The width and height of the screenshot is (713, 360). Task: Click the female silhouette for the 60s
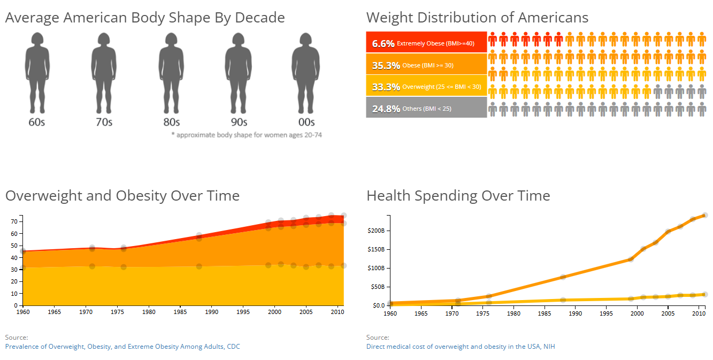coord(37,72)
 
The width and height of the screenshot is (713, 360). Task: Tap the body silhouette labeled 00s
coord(306,72)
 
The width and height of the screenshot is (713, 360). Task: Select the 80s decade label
coord(171,122)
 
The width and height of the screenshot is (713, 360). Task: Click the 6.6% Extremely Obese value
coord(383,43)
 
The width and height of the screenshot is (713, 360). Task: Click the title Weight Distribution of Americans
coord(477,18)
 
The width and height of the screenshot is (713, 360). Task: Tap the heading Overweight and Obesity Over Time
coord(122,196)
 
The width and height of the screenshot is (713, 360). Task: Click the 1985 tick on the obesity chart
coord(180,311)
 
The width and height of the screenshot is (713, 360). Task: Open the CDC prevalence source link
coord(122,347)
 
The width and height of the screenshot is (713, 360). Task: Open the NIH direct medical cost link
coord(461,347)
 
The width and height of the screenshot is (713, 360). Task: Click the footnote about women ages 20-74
coord(247,135)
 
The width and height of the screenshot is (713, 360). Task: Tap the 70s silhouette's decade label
coord(104,122)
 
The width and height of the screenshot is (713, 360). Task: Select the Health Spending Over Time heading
coord(458,196)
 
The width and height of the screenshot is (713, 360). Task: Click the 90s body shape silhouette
coord(239,72)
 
